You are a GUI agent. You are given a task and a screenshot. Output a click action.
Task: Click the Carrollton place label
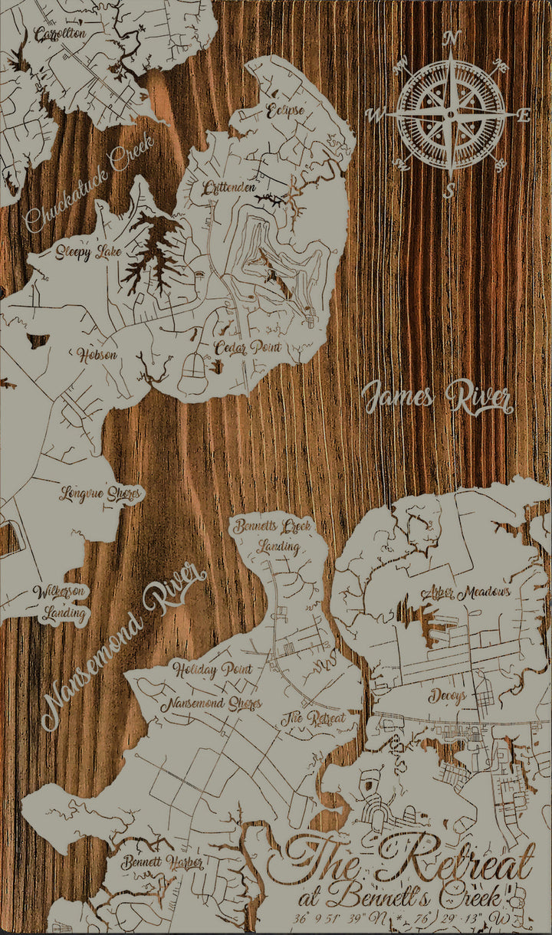[60, 34]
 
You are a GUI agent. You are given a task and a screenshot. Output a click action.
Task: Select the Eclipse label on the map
[285, 110]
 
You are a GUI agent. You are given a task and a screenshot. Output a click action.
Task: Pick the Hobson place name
[97, 355]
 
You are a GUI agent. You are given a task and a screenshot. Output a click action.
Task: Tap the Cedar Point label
[247, 347]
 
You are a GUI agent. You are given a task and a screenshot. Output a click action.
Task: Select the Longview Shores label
[100, 494]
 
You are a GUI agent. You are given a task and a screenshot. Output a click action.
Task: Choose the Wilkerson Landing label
[61, 602]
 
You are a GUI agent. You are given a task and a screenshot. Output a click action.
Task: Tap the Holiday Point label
[212, 669]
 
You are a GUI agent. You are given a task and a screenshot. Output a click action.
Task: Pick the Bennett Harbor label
[162, 863]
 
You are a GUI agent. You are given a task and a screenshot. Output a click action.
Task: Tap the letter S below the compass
[450, 190]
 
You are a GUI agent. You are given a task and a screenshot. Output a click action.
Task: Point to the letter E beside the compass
[524, 116]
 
